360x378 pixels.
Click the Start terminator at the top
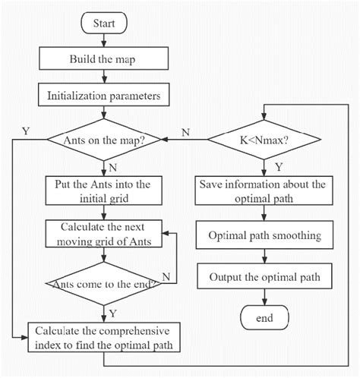(103, 24)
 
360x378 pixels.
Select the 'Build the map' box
(103, 58)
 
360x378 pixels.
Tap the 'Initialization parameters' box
(103, 96)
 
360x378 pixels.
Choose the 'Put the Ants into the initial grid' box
(103, 191)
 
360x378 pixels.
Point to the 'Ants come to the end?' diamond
(103, 283)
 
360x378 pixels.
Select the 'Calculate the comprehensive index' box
(103, 336)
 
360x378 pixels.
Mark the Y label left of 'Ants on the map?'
(26, 131)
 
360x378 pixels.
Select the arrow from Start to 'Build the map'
(103, 41)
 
